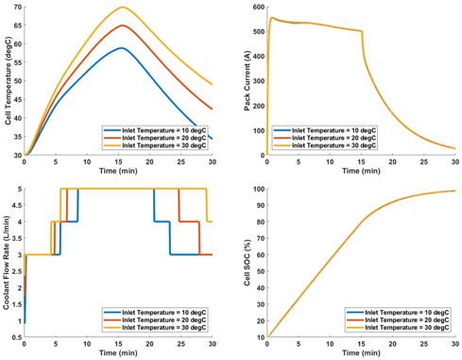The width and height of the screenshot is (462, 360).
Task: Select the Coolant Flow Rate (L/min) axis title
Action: pos(8,264)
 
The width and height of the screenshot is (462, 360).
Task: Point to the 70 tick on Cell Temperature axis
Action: pos(18,8)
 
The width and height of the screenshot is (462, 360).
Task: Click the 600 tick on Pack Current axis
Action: pos(256,8)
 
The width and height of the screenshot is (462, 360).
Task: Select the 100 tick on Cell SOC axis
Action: pos(256,189)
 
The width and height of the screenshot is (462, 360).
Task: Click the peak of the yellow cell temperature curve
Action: pos(122,8)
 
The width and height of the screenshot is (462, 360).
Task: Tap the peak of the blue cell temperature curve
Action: pos(120,47)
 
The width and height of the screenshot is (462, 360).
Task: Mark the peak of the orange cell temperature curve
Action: pos(121,26)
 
